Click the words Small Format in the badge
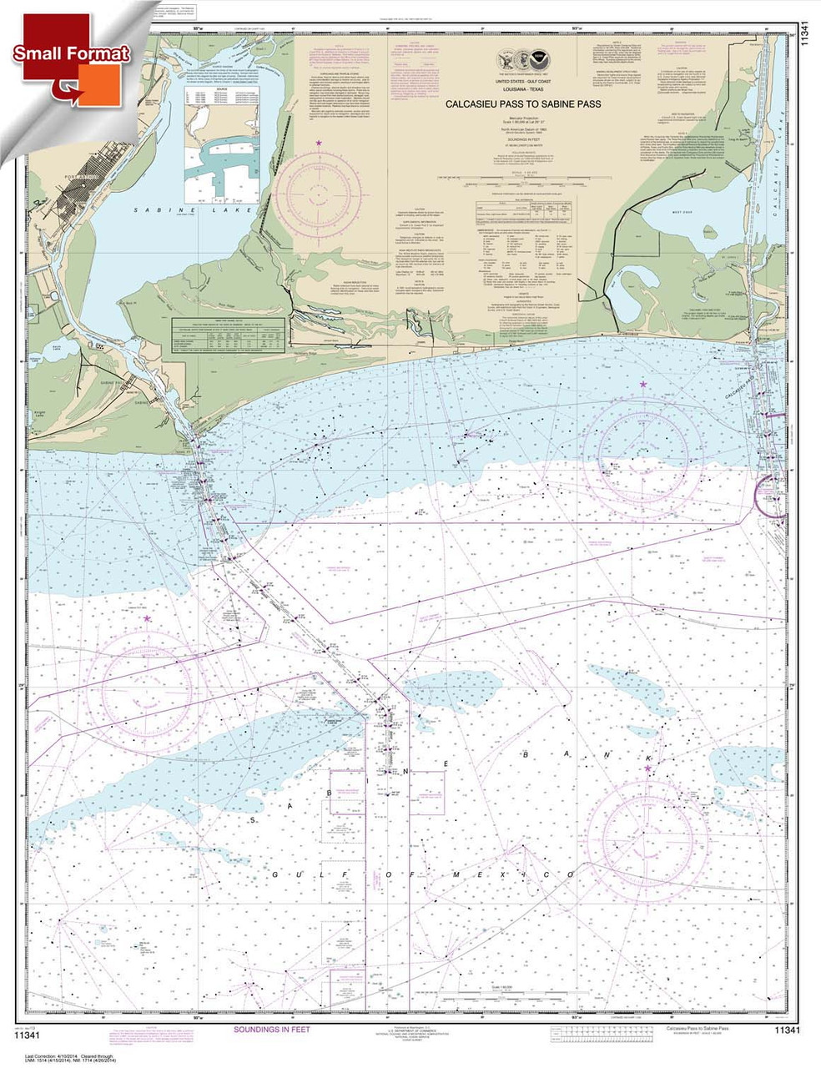(x=71, y=53)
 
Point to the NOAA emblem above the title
(x=544, y=61)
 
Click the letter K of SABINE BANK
(x=647, y=758)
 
